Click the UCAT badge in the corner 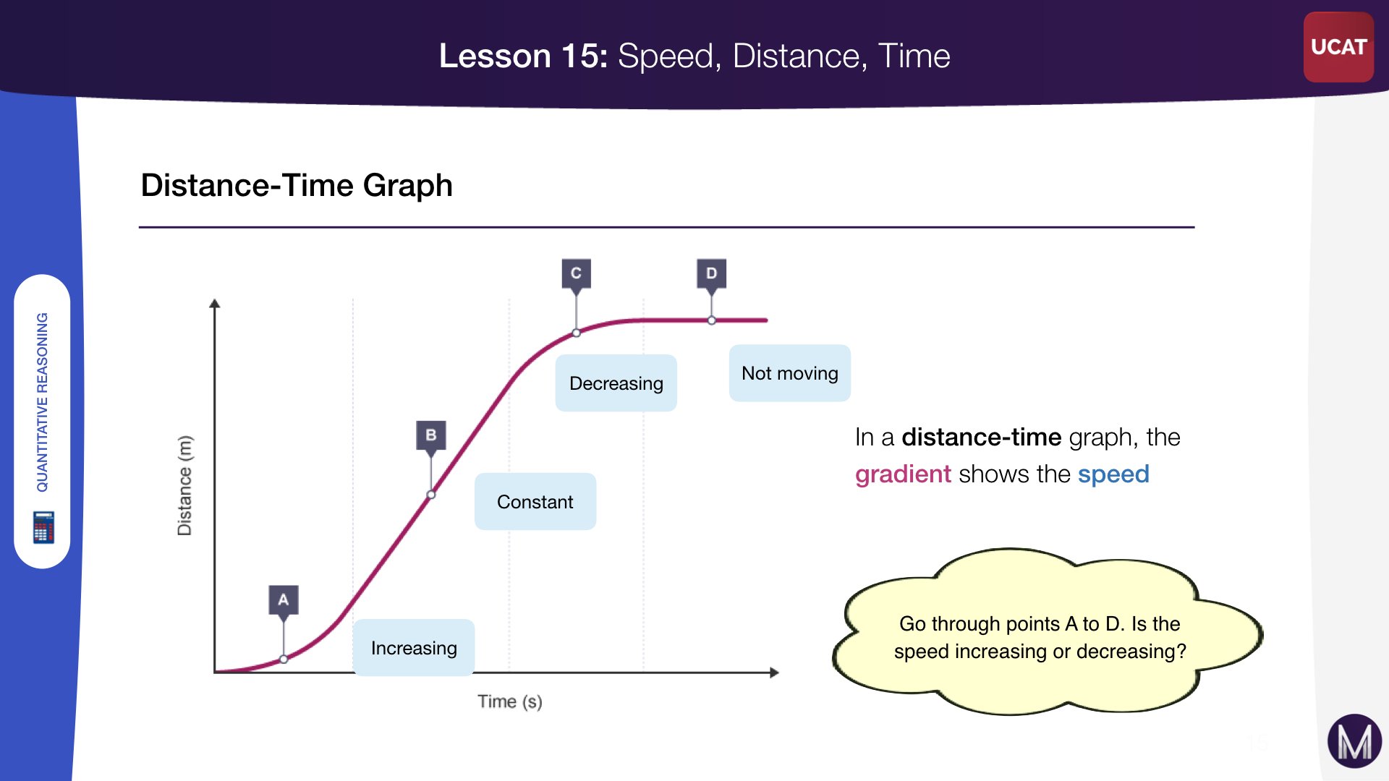[x=1338, y=47]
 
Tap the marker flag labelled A [x=284, y=600]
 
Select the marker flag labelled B [x=431, y=436]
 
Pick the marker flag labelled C [x=576, y=274]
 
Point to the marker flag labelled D [x=711, y=274]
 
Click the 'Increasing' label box [x=414, y=648]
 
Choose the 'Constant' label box [x=535, y=502]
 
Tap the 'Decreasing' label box [x=616, y=383]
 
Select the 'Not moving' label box [x=790, y=373]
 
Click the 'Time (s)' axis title [x=510, y=701]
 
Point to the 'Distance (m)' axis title [x=185, y=485]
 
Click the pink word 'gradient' [x=903, y=475]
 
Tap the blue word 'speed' [x=1113, y=474]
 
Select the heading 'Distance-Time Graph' [x=297, y=186]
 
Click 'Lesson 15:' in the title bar [x=524, y=56]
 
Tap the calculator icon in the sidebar [x=43, y=527]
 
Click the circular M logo [x=1354, y=741]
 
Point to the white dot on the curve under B [x=431, y=495]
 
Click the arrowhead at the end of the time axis [x=775, y=673]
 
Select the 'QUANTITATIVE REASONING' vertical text [x=42, y=402]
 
